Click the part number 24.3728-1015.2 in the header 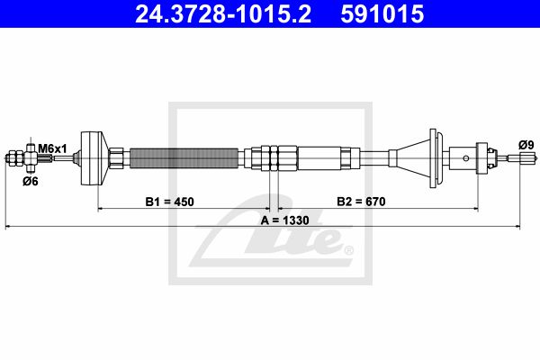tap(223, 13)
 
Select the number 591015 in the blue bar tap(382, 13)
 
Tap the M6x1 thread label tap(52, 148)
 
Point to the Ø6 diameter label tap(31, 181)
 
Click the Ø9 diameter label tap(526, 145)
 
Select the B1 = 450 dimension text tap(170, 202)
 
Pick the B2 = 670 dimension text tap(361, 202)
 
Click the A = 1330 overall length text tap(284, 220)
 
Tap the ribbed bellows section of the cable tap(184, 158)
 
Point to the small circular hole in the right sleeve tap(465, 158)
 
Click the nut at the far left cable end tap(14, 158)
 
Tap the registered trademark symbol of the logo tap(349, 250)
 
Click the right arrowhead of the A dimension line tap(517, 227)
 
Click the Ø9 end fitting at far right tap(523, 158)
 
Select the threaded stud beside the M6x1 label tap(45, 158)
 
